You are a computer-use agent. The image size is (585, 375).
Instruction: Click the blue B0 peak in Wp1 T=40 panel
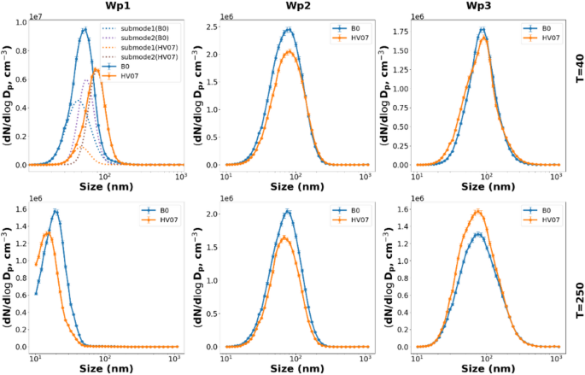click(84, 30)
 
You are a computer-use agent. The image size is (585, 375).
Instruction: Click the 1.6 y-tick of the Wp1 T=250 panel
click(21, 210)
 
